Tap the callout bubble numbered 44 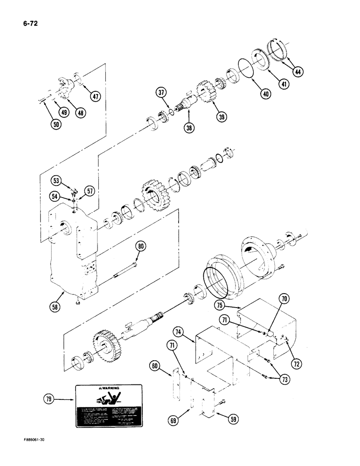click(297, 72)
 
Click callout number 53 click(55, 180)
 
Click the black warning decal click(109, 405)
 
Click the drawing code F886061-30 click(24, 451)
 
